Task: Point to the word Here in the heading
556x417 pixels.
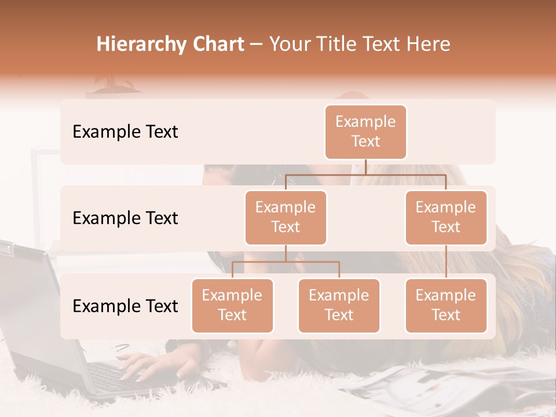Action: point(427,44)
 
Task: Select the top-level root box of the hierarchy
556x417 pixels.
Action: point(365,131)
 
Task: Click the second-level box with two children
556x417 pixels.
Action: point(286,217)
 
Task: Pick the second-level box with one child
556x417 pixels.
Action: point(446,217)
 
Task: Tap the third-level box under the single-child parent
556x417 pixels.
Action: point(446,305)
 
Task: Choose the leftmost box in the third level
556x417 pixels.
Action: point(232,305)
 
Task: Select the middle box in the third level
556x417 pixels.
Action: point(339,305)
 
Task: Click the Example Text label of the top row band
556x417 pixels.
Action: point(125,131)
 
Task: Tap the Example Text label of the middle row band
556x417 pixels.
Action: point(125,218)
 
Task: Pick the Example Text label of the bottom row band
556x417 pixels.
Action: point(125,306)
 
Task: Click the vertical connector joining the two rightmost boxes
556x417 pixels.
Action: point(446,262)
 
